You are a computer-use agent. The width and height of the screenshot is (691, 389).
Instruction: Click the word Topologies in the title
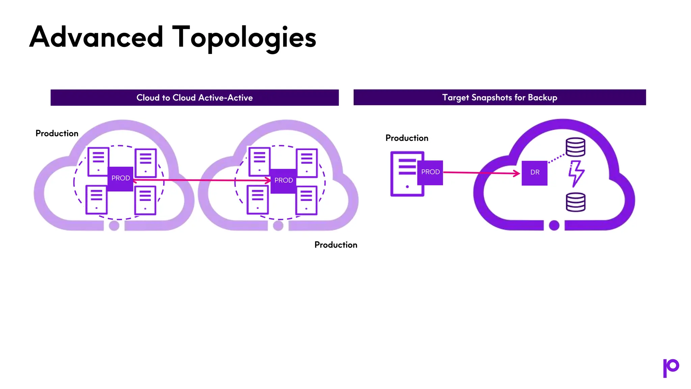tap(244, 38)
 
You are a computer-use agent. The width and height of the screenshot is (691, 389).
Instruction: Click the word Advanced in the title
tap(96, 37)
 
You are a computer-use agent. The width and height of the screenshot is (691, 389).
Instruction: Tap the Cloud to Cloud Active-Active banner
tap(194, 98)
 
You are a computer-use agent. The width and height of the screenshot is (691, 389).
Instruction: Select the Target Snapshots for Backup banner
tap(499, 97)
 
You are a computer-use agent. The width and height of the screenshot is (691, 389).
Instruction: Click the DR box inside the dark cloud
tap(534, 173)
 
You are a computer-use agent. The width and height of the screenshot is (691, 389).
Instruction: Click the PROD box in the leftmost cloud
tap(120, 178)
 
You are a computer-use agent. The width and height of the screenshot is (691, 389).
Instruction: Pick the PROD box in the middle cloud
tap(283, 181)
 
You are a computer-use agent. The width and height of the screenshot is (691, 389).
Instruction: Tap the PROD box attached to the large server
tap(430, 172)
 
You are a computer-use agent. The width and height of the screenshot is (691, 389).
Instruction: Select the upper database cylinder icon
tap(575, 147)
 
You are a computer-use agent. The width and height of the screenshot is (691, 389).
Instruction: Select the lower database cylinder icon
tap(575, 202)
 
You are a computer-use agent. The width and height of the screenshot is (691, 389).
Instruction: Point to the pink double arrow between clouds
tap(202, 180)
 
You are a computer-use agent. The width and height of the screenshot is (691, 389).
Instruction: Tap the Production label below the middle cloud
tap(336, 245)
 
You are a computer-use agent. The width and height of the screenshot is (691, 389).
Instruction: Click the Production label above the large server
tap(407, 138)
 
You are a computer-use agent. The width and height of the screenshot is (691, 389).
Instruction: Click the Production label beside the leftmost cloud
tap(57, 133)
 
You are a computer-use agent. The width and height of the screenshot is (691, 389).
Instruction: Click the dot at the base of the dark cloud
tap(554, 225)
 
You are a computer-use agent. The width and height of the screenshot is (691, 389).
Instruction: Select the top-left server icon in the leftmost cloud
tap(98, 161)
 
